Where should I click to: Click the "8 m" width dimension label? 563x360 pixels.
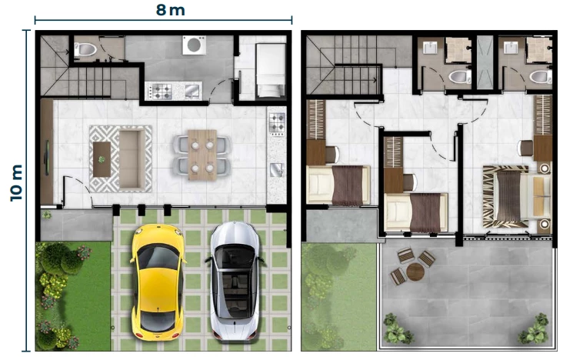(x=171, y=10)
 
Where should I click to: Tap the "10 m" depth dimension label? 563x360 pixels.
(x=16, y=183)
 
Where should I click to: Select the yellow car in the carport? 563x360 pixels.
(x=158, y=282)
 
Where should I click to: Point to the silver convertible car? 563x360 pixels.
(x=235, y=281)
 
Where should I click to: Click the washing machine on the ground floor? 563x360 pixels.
(x=195, y=45)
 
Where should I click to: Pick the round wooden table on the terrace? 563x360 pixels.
(x=415, y=272)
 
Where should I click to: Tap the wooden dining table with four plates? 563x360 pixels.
(x=202, y=155)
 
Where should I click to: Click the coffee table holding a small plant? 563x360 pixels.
(x=102, y=159)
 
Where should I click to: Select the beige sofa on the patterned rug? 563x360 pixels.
(x=132, y=159)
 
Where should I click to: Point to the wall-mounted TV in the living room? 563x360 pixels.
(x=47, y=158)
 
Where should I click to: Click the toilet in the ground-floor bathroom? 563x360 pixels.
(x=85, y=49)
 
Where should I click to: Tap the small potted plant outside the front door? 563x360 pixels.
(x=47, y=215)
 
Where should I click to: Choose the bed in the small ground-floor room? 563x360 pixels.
(x=271, y=70)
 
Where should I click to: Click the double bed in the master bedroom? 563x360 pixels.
(x=516, y=196)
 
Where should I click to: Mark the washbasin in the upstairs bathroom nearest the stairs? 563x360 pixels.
(x=430, y=48)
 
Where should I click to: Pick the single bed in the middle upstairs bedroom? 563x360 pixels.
(x=416, y=212)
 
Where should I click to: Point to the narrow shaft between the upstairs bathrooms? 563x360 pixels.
(x=485, y=63)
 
